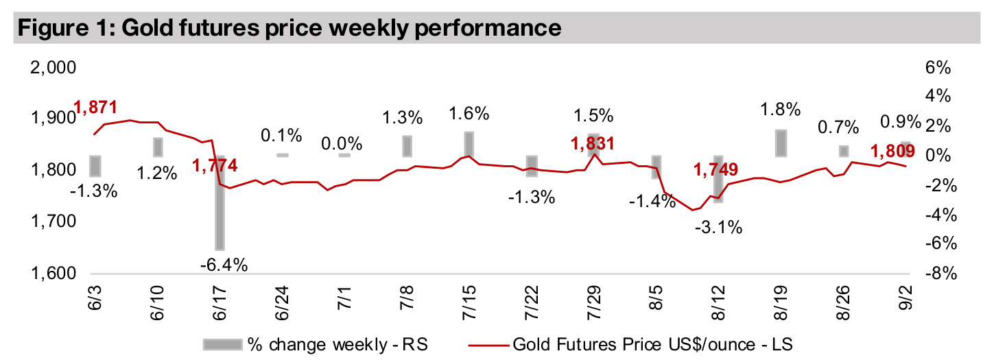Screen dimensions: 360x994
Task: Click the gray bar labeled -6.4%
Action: click(x=220, y=203)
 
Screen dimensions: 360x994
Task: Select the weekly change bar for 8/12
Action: click(x=718, y=179)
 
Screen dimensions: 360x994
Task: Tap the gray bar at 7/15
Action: click(x=469, y=144)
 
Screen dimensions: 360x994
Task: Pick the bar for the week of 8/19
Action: click(x=781, y=143)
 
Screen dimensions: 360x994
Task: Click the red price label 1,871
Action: click(x=95, y=107)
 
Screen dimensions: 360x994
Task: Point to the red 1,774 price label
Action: click(x=215, y=165)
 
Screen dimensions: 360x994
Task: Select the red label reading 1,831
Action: click(x=592, y=143)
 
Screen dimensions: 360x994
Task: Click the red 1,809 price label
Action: click(x=892, y=151)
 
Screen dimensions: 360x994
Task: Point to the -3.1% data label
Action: click(x=718, y=227)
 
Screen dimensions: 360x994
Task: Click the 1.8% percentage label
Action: click(x=781, y=108)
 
